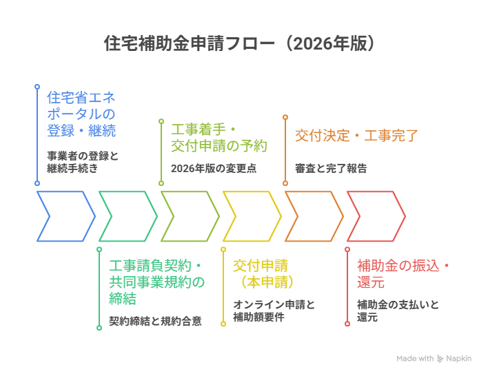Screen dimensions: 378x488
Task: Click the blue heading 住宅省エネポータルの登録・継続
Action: (81, 114)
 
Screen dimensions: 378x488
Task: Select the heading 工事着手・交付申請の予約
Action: (218, 138)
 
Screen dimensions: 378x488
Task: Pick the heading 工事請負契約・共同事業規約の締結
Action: (156, 282)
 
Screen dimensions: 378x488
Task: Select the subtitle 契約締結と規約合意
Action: (155, 321)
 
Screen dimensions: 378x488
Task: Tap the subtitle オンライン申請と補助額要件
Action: (274, 311)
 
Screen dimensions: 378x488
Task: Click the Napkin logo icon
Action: (440, 359)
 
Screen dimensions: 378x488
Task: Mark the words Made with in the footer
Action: (415, 359)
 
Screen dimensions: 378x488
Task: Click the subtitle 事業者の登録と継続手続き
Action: (82, 162)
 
